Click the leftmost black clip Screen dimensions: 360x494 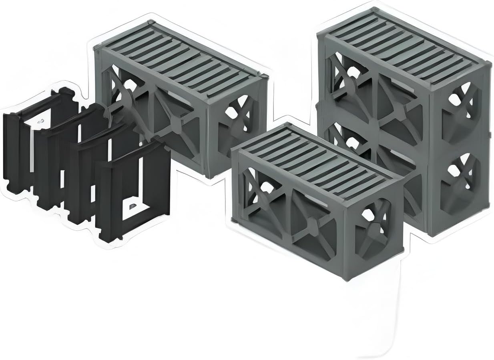pos(16,152)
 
